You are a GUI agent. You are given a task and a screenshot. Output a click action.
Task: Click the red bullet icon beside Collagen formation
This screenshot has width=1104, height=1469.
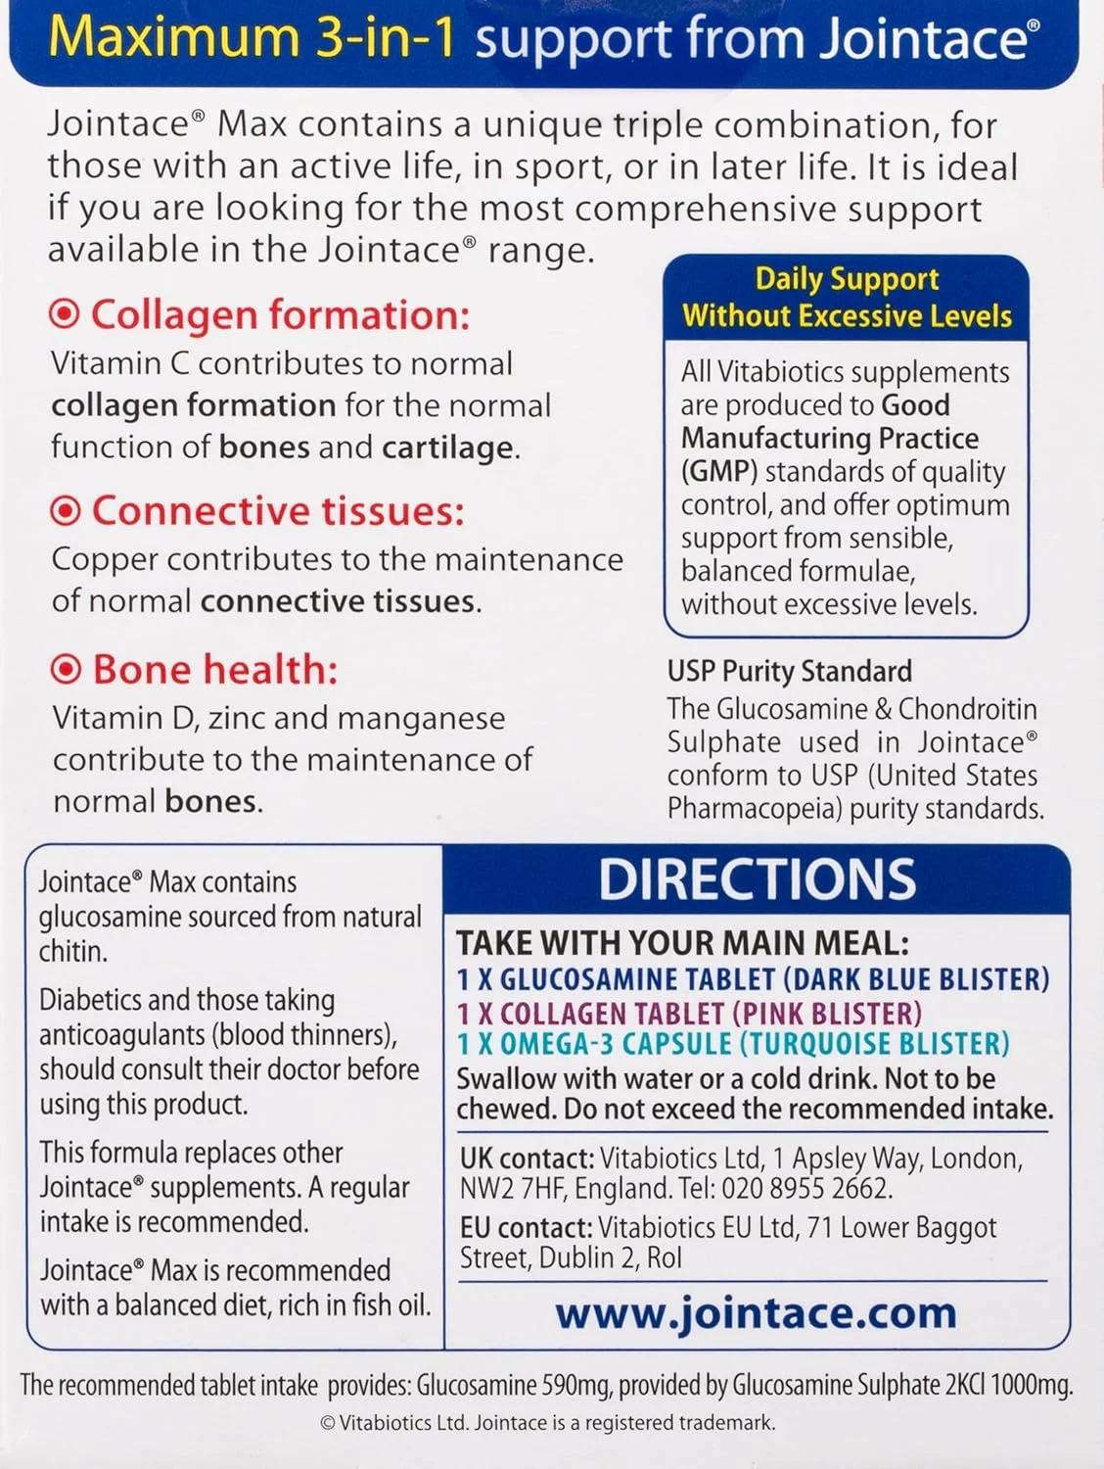tap(65, 314)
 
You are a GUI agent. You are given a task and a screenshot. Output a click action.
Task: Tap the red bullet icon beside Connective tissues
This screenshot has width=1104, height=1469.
tap(66, 510)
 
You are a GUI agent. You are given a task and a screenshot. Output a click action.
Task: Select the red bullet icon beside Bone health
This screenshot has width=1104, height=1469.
tap(66, 669)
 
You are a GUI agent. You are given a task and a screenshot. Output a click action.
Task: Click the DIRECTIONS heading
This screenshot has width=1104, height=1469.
tap(757, 879)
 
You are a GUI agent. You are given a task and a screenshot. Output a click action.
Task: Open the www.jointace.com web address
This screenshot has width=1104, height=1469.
tap(756, 1312)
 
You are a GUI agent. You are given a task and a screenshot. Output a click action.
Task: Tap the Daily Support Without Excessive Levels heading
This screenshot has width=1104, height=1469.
tap(847, 298)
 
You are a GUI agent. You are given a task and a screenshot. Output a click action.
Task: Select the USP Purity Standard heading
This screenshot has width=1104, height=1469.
tap(789, 671)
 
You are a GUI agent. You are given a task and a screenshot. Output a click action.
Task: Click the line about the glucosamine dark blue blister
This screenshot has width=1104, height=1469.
tap(753, 979)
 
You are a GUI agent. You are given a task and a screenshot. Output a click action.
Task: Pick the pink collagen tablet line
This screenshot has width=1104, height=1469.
tap(689, 1013)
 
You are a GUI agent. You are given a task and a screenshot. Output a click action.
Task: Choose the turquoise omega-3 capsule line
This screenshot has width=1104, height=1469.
tap(733, 1044)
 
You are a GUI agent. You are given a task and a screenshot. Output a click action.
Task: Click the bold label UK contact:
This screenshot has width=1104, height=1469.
tap(527, 1159)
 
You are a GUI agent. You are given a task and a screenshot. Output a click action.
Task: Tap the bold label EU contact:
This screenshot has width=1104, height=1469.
tap(526, 1228)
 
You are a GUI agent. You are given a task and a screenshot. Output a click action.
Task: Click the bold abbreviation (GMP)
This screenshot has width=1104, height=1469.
tap(719, 471)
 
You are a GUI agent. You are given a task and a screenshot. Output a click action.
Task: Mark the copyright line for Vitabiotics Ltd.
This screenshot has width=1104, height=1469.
tap(547, 1423)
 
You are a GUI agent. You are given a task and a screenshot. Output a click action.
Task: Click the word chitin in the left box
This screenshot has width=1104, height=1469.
tap(72, 951)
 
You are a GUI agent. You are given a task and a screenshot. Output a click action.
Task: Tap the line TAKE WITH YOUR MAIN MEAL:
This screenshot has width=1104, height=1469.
tap(682, 943)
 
